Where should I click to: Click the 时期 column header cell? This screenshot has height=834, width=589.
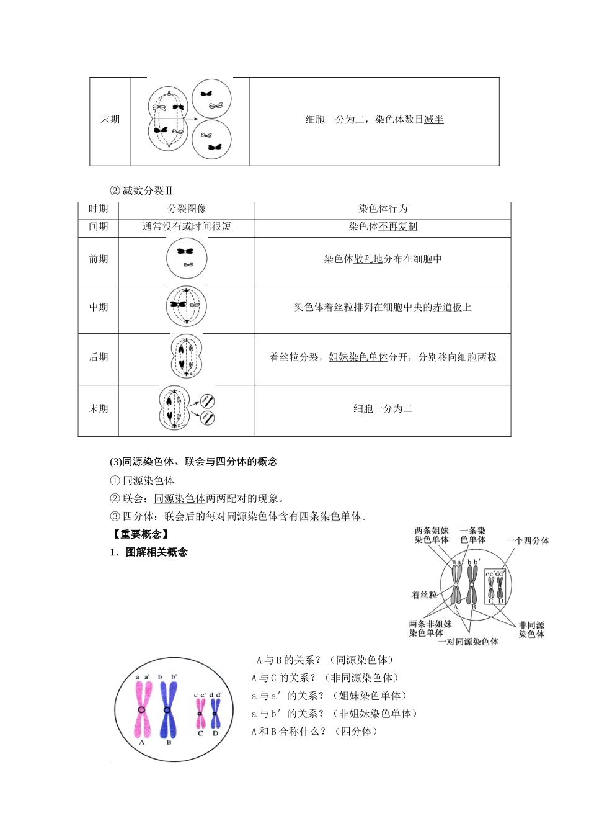coord(98,209)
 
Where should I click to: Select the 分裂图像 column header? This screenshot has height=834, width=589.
coord(187,209)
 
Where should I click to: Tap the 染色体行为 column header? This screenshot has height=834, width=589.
coord(383,209)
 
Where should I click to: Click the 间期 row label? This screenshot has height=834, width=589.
coord(98,226)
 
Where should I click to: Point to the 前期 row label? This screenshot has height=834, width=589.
coord(98,259)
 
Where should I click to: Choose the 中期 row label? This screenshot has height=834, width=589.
coord(98,307)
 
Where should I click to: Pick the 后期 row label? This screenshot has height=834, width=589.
coord(98,357)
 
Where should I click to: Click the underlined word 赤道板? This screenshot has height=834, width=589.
coord(447,307)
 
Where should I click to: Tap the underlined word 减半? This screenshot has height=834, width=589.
coord(434,120)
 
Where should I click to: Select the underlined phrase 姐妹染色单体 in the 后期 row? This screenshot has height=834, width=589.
coord(358,357)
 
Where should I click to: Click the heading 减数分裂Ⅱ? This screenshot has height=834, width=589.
coord(147,191)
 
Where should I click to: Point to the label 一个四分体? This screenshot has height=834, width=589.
coord(527,540)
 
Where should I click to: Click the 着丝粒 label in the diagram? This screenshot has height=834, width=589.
coord(424,594)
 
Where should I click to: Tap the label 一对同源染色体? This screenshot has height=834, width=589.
coord(468,642)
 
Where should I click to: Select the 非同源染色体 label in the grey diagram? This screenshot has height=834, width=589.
coord(531,630)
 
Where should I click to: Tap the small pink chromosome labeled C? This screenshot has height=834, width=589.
coord(200,714)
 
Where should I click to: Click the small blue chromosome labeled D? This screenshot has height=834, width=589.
coord(215,714)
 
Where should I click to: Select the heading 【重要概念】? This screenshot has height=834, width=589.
coord(140,534)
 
